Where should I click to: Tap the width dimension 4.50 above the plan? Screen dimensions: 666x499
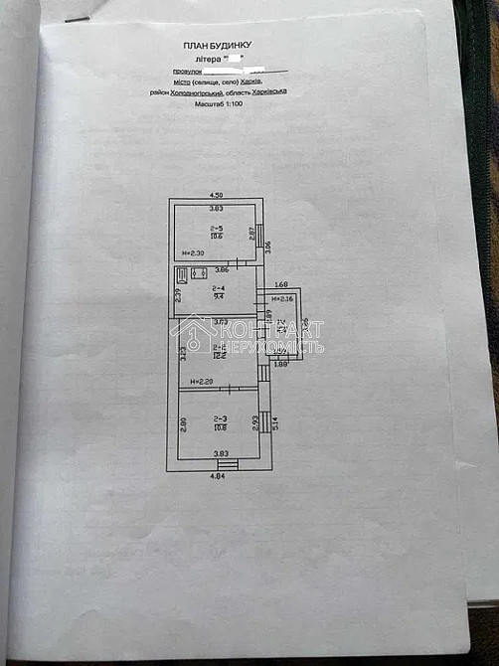coord(216,195)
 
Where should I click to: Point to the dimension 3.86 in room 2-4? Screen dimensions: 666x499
coord(223,270)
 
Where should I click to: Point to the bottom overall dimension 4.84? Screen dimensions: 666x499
coord(217,476)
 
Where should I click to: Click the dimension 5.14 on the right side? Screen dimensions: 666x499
coord(275,422)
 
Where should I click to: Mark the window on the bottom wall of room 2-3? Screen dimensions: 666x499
coord(228,462)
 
